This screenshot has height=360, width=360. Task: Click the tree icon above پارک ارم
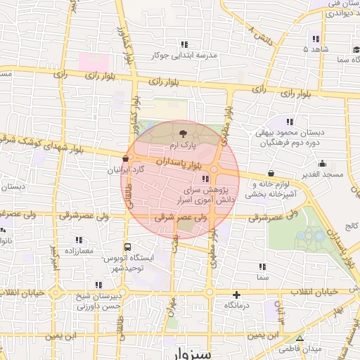(184, 133)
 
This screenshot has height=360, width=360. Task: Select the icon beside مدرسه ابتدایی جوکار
(184, 44)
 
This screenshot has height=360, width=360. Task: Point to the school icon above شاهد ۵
(316, 39)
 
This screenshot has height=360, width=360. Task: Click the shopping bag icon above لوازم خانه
(271, 174)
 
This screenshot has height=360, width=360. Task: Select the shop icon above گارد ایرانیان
(126, 159)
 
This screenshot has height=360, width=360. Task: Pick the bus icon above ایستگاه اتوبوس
(127, 247)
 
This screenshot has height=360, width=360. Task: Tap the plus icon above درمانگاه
(236, 295)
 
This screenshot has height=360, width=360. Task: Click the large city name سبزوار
(190, 354)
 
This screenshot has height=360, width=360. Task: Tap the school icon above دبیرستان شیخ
(98, 285)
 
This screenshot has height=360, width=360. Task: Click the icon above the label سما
(263, 267)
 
